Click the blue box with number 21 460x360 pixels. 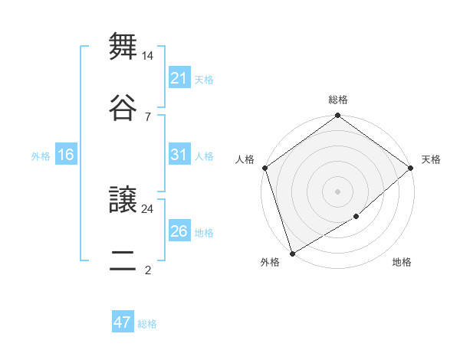(x=179, y=78)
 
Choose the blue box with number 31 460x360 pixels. (x=179, y=155)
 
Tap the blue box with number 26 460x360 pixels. (x=179, y=231)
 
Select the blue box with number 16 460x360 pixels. (x=66, y=155)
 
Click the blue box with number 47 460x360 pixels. (x=123, y=322)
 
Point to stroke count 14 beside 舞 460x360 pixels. (x=148, y=56)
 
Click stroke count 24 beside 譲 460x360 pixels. (x=148, y=208)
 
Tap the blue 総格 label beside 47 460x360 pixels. (x=147, y=324)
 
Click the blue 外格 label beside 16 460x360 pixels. (x=41, y=155)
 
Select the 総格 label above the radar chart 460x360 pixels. (x=338, y=100)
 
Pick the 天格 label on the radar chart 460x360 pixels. (x=431, y=159)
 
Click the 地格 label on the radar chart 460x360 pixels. (x=402, y=263)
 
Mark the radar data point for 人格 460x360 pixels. (x=264, y=168)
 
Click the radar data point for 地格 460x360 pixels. (x=356, y=218)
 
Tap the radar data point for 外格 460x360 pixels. (x=292, y=253)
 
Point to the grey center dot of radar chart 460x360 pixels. (x=337, y=191)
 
